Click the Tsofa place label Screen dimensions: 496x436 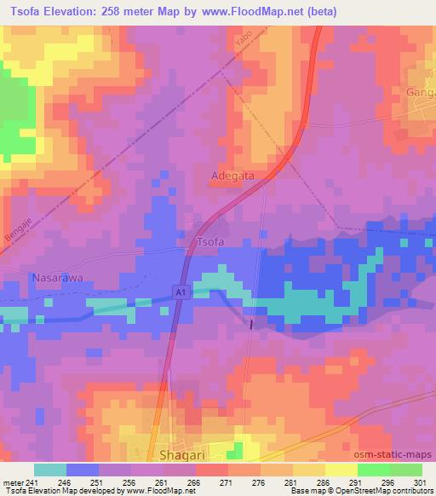[210, 242]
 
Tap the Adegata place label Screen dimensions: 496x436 [232, 177]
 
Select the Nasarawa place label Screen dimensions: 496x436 [55, 278]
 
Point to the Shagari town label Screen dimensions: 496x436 [185, 455]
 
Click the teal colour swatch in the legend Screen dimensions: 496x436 [50, 470]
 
